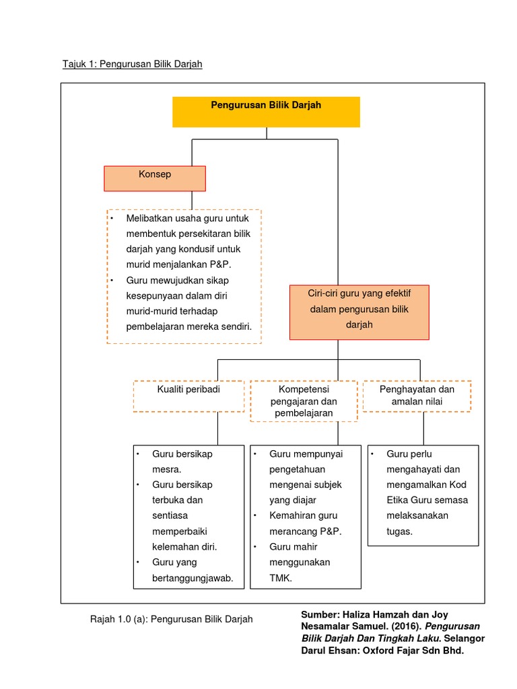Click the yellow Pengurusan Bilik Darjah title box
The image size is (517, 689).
click(266, 112)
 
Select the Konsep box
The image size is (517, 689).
click(154, 178)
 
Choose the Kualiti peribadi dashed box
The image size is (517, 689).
click(188, 396)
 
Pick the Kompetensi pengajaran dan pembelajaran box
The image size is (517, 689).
click(304, 401)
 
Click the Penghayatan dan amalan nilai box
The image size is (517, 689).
click(417, 396)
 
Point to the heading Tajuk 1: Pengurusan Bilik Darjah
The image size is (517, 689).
click(132, 64)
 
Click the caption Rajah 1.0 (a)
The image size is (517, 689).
click(171, 619)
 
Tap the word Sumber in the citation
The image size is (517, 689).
click(320, 615)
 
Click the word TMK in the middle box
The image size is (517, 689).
click(281, 577)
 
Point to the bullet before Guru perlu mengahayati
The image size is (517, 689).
click(372, 454)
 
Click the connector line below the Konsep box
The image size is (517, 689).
click(192, 200)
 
